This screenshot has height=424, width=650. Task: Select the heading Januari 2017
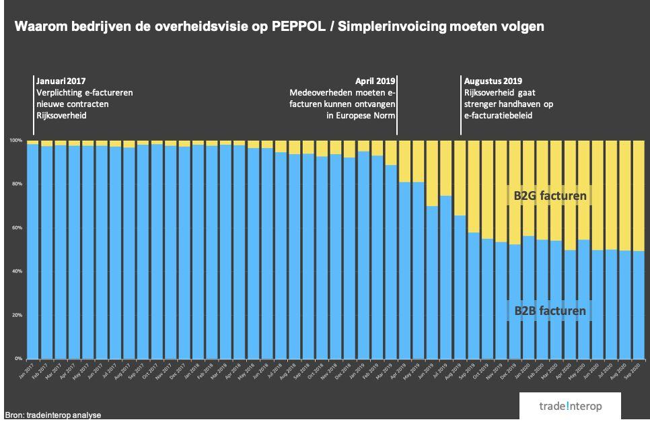click(61, 81)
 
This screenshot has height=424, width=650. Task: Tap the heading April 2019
click(375, 81)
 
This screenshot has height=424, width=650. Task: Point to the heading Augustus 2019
click(493, 81)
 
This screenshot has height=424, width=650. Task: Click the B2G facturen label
click(546, 197)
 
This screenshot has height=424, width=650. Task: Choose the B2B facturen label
click(550, 311)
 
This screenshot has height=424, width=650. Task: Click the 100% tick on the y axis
click(15, 140)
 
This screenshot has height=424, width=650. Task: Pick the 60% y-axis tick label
click(16, 227)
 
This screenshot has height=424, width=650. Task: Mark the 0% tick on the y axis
click(17, 359)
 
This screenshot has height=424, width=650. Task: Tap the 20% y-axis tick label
click(16, 315)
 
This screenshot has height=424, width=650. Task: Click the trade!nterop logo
click(569, 407)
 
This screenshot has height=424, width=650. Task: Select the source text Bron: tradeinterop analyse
click(52, 415)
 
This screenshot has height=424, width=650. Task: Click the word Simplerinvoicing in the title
click(388, 27)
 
